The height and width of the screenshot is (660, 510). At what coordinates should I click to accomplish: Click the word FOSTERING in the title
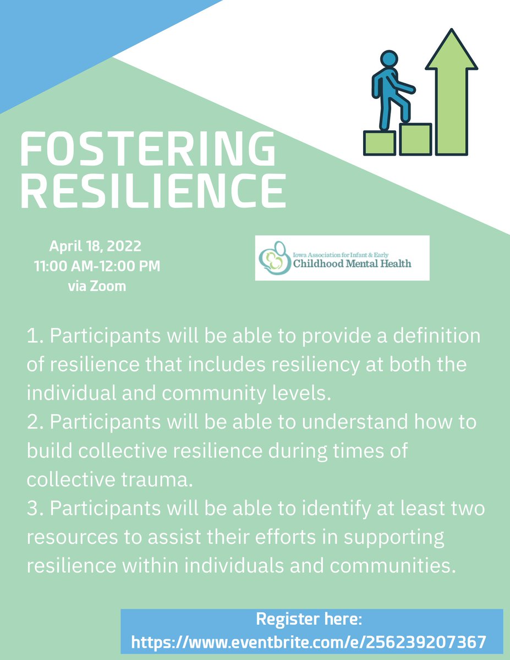click(x=147, y=150)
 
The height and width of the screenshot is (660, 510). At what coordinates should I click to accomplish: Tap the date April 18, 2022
click(x=96, y=245)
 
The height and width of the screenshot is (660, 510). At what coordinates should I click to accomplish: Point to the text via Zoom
click(x=96, y=287)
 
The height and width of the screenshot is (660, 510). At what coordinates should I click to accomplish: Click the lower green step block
click(x=380, y=143)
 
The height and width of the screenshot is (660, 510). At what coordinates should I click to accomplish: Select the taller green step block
click(x=415, y=139)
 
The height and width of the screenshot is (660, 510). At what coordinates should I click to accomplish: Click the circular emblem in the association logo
click(x=273, y=258)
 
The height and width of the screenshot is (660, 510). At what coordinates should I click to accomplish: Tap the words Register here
click(x=309, y=619)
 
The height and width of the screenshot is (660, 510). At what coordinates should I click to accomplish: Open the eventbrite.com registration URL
click(x=309, y=641)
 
